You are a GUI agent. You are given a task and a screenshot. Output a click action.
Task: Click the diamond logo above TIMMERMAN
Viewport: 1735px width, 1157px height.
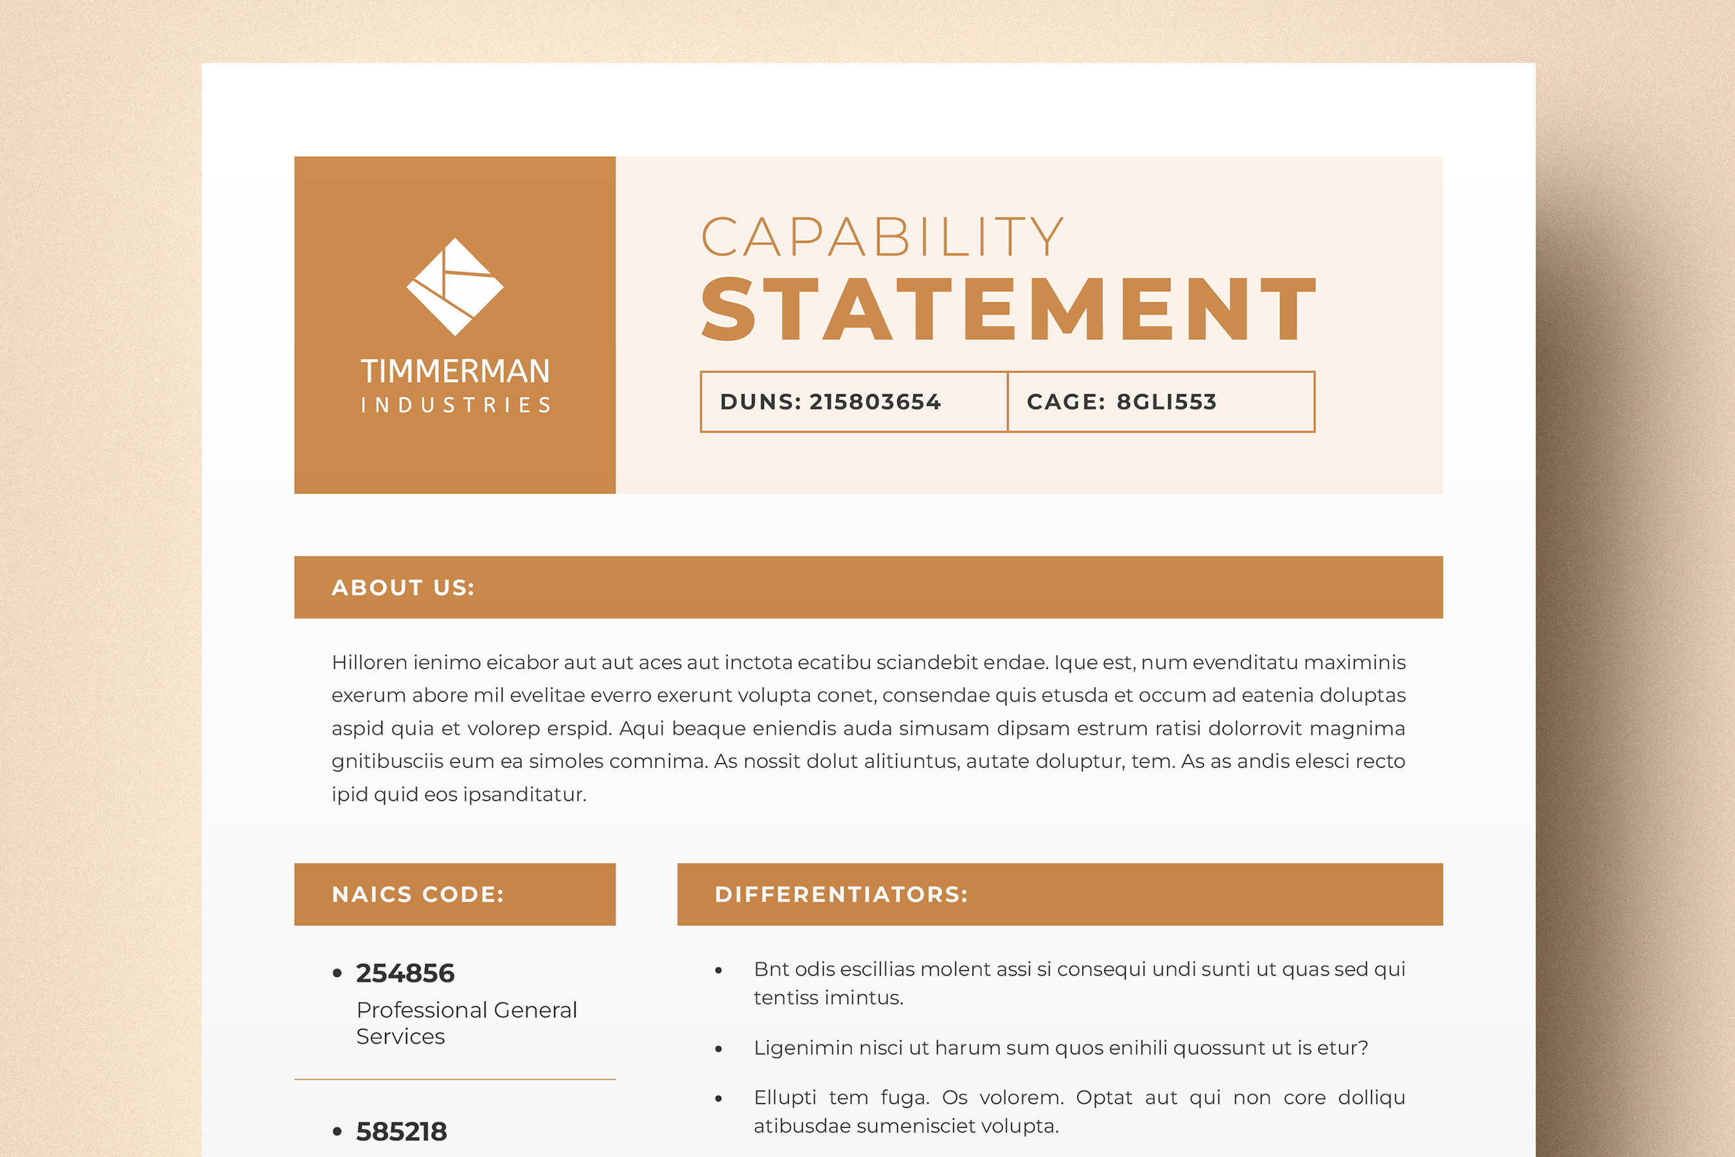454,286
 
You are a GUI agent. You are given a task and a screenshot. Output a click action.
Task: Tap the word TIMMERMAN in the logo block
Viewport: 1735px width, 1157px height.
454,371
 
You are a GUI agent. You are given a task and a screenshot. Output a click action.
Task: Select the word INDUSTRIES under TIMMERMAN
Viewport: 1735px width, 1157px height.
455,405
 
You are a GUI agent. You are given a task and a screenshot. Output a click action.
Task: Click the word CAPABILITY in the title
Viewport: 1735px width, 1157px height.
882,238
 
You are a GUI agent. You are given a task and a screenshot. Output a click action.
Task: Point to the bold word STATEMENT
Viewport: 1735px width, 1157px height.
1008,310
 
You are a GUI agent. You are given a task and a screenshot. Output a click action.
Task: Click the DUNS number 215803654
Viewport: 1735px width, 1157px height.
875,402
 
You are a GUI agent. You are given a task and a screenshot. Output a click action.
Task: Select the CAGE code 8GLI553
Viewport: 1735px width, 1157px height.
1166,402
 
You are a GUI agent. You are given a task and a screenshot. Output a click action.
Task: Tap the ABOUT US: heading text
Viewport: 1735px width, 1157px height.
403,587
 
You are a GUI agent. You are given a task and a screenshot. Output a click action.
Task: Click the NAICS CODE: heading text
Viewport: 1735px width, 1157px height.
418,894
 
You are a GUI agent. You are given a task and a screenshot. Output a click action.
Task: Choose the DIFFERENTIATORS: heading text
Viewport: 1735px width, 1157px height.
841,894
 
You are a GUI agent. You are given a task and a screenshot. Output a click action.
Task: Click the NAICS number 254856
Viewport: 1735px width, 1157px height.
405,973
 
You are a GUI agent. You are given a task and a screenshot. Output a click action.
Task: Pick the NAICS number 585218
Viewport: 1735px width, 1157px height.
401,1131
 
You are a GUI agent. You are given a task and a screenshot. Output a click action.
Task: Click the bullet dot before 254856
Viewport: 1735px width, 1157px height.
337,973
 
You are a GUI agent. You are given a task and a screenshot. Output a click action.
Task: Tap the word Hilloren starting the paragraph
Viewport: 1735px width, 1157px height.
369,663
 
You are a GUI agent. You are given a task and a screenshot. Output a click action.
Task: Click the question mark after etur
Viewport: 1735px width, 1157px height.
1363,1048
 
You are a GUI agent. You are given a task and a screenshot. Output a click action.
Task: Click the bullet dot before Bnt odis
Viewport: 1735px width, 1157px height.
718,971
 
